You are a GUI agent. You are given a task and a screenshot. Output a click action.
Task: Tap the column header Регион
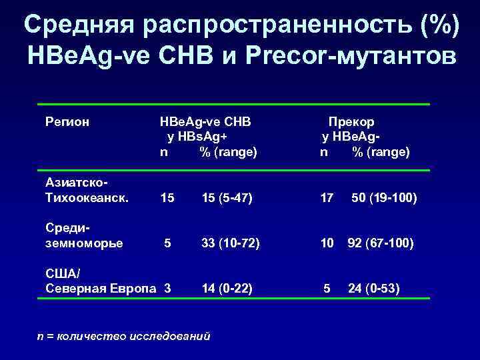click(67, 122)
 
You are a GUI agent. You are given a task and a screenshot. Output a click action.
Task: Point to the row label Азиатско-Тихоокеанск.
click(86, 190)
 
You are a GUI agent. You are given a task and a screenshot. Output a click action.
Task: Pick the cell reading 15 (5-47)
click(227, 197)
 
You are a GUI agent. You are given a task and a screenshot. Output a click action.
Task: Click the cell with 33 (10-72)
click(230, 243)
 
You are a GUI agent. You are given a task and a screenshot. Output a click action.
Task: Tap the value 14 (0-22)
click(227, 288)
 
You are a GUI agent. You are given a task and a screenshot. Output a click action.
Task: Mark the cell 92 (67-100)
click(381, 243)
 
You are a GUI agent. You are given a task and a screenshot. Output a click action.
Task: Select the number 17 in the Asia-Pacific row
click(326, 197)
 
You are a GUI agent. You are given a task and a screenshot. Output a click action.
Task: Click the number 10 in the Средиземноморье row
click(327, 243)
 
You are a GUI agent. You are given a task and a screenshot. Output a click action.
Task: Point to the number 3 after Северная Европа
click(167, 288)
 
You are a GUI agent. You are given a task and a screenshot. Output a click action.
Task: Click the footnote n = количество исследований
click(124, 336)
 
